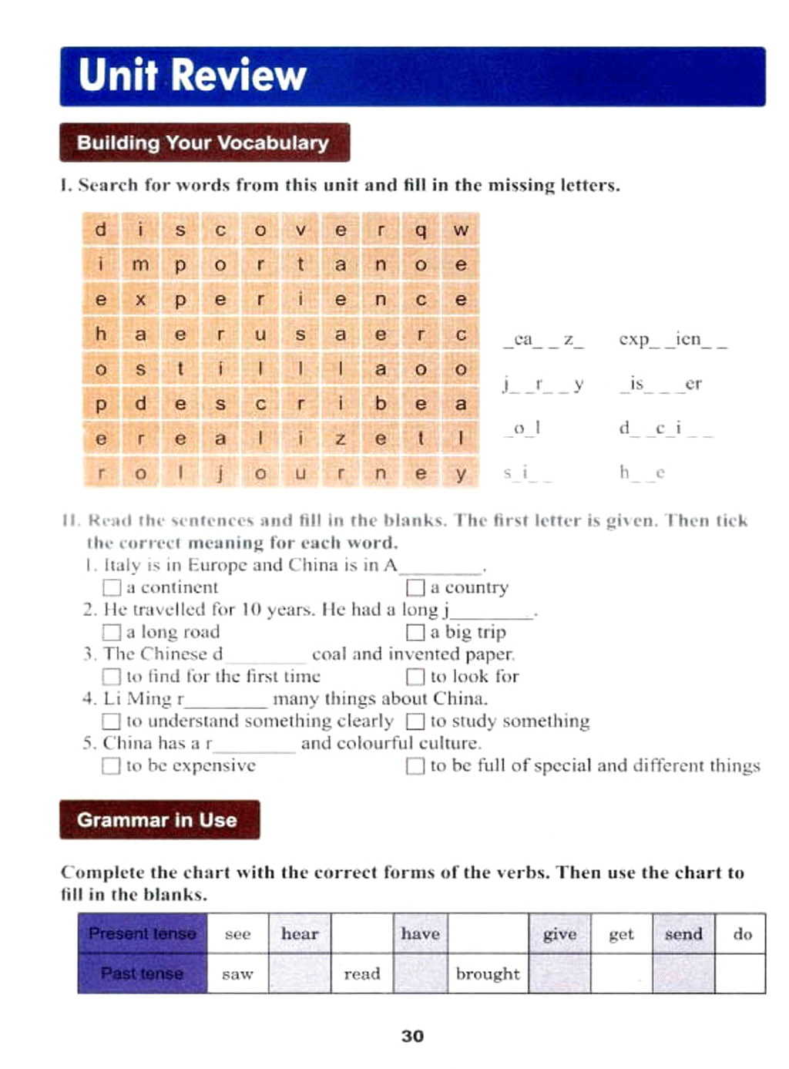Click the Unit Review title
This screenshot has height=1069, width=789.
[x=193, y=76]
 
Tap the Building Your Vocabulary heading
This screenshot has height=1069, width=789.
[x=203, y=143]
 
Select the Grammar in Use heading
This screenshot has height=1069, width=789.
[x=157, y=819]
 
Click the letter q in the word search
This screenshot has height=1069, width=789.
[x=420, y=230]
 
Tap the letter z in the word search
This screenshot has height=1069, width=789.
[x=340, y=439]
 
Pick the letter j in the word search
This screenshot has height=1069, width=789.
[x=220, y=473]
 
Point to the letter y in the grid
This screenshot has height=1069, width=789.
[x=460, y=473]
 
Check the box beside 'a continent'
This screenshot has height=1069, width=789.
[x=112, y=588]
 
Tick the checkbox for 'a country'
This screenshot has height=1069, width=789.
[x=415, y=588]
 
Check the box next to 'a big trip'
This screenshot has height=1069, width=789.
[x=415, y=633]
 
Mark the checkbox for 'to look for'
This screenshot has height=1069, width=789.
[x=415, y=677]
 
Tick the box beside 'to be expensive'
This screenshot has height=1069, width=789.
[x=112, y=766]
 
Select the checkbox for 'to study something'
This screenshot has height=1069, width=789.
[x=415, y=721]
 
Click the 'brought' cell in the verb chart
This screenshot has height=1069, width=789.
[x=488, y=973]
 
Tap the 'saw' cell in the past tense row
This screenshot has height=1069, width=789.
[x=237, y=973]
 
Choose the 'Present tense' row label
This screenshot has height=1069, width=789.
[x=143, y=933]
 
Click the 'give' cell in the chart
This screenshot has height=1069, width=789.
[x=559, y=933]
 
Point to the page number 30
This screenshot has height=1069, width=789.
[x=412, y=1036]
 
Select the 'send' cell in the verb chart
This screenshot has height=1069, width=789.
[x=683, y=933]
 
